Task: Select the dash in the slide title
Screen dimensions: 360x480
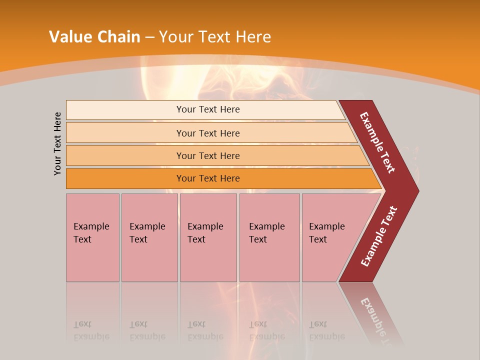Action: coord(149,37)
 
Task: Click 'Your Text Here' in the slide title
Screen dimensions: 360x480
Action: coord(215,36)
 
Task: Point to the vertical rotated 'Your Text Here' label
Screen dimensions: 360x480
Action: coord(57,143)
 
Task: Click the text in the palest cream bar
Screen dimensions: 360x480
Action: coord(208,109)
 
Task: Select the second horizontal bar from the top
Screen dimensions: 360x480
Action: coord(208,133)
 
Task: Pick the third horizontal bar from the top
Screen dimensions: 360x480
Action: coord(208,155)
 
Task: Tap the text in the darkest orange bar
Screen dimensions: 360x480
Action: coord(208,178)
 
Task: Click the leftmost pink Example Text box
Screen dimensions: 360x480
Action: coord(92,237)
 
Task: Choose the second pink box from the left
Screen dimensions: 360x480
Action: coord(149,237)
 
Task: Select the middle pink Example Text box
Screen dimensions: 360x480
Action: coord(208,237)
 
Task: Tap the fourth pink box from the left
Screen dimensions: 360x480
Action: coord(269,237)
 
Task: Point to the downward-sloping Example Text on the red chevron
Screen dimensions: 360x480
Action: coord(377,142)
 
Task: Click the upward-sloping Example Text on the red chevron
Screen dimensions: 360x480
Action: coord(379,236)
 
